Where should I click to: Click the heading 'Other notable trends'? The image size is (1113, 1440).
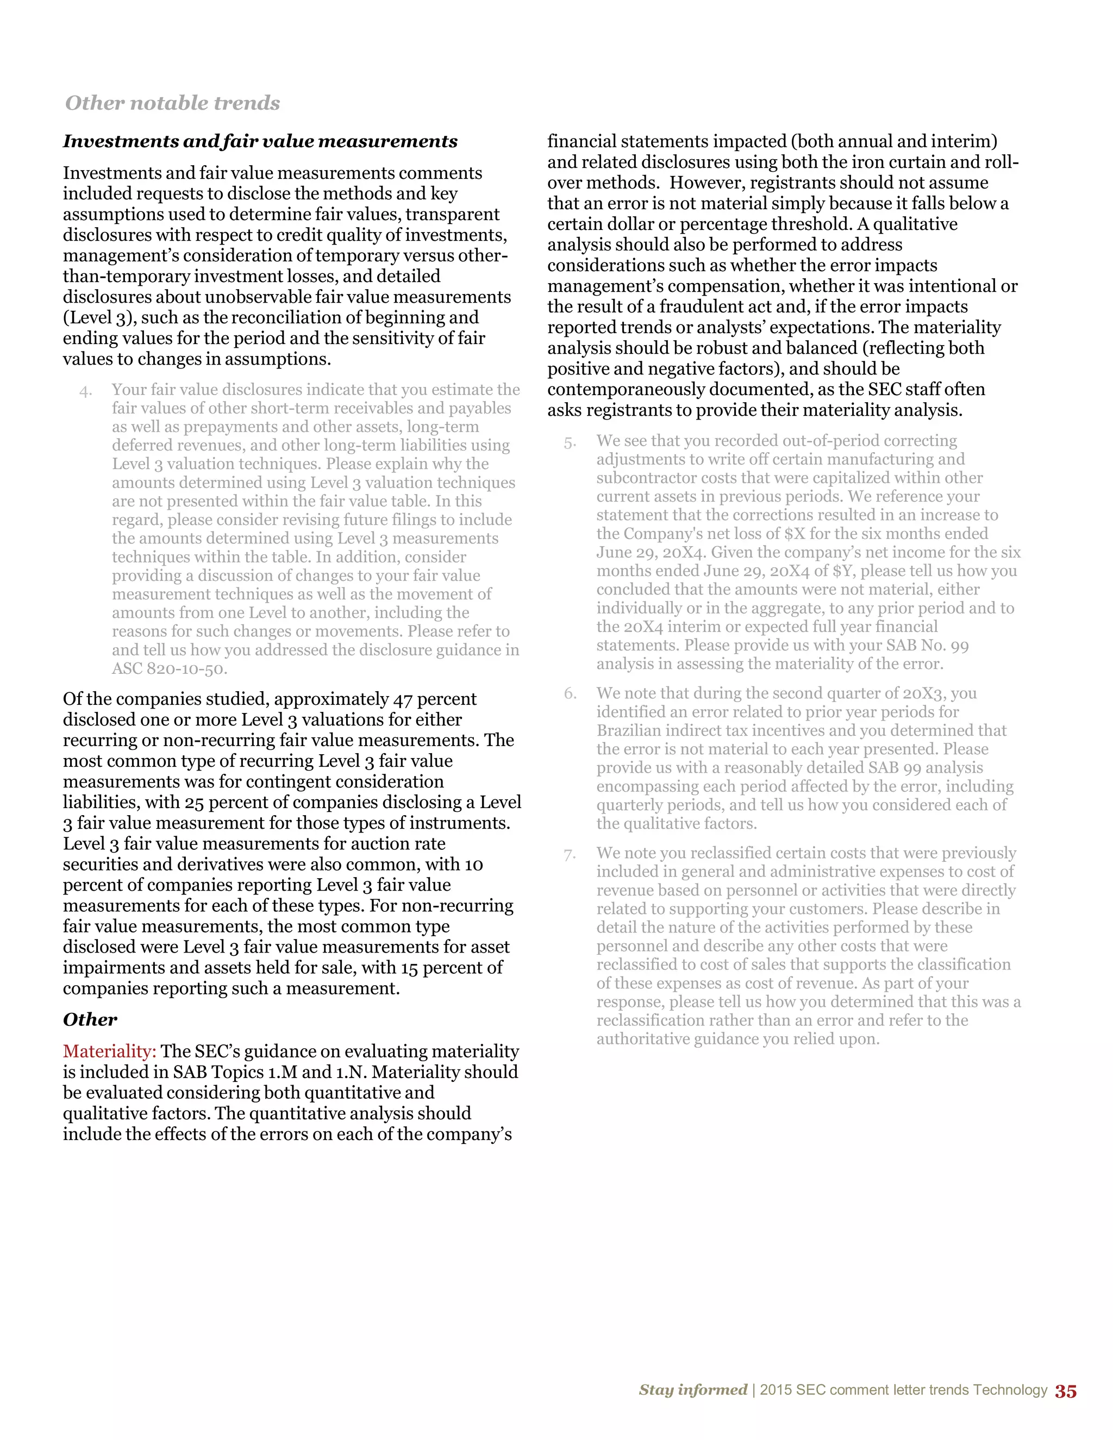[172, 103]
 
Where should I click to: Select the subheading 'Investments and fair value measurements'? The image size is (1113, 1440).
[260, 141]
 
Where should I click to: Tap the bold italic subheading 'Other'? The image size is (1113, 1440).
[90, 1019]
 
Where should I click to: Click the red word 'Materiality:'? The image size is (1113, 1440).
[109, 1051]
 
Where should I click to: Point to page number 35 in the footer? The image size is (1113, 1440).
[1066, 1391]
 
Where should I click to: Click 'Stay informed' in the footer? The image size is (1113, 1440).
[692, 1390]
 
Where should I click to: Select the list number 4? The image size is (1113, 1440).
[86, 392]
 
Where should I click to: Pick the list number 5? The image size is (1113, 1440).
[570, 443]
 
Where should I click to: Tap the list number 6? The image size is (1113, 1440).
[570, 693]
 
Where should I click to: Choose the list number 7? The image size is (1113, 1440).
[570, 855]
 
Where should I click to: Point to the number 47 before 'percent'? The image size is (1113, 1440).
[403, 699]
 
